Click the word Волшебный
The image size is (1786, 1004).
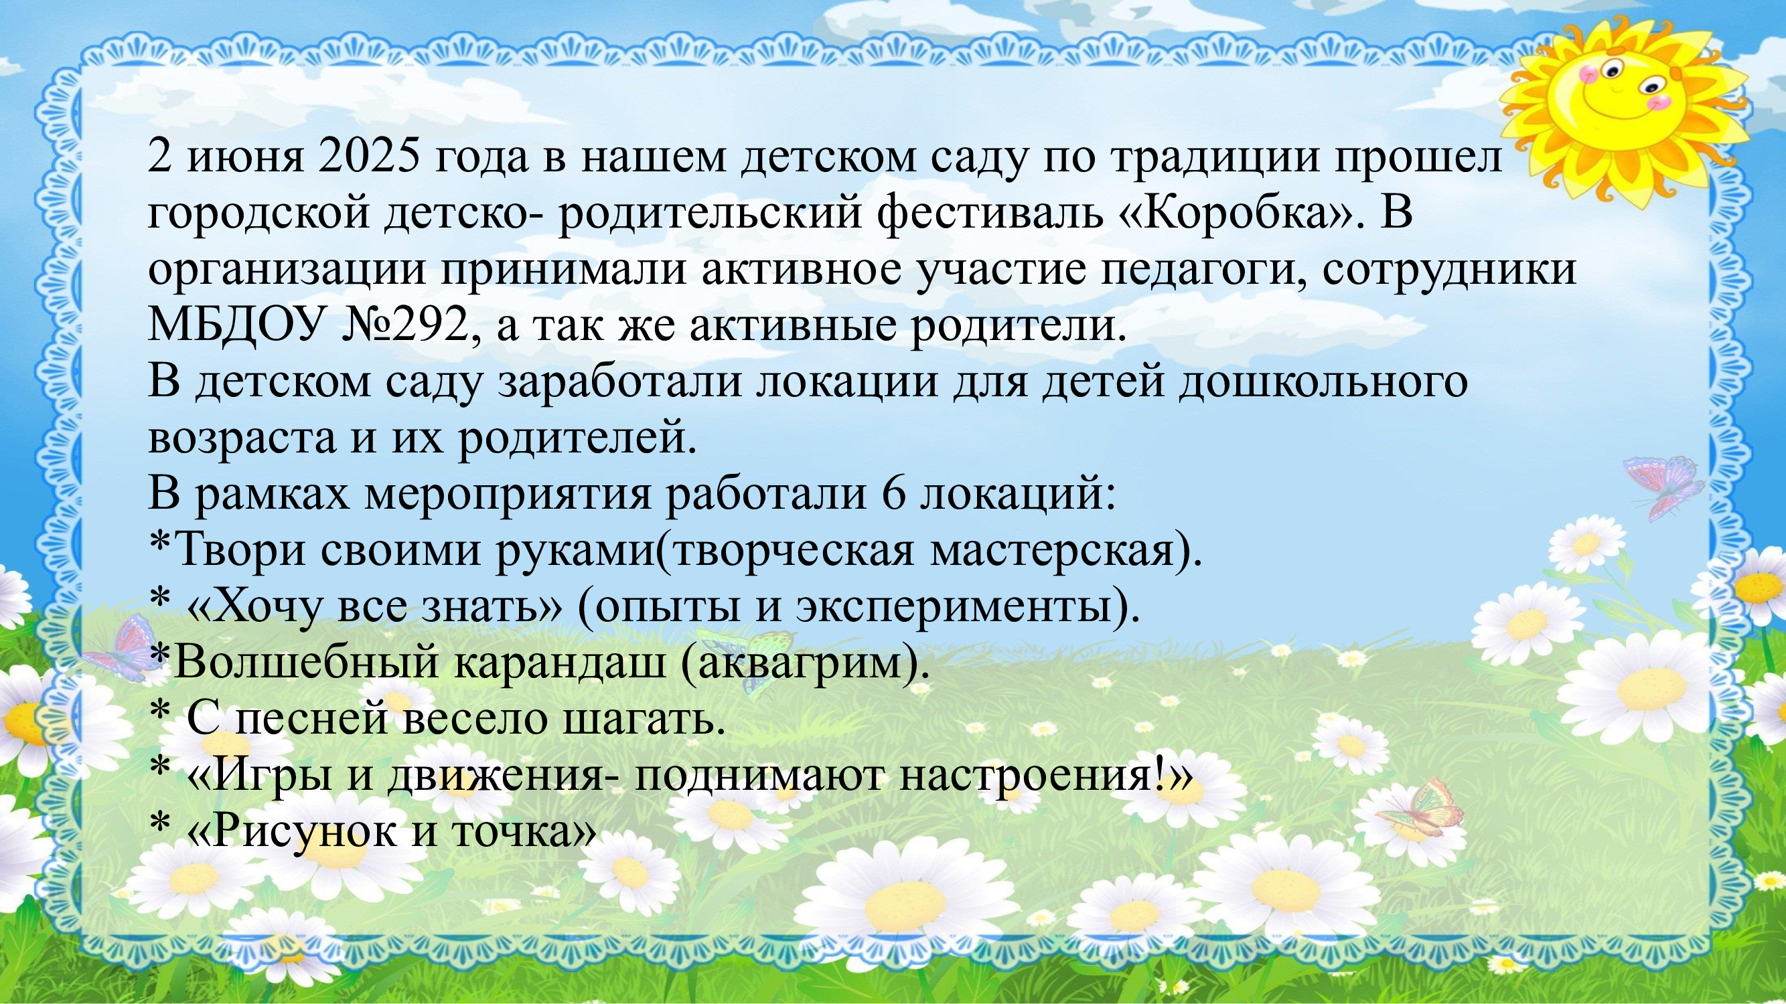click(x=307, y=663)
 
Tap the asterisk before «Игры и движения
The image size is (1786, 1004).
click(x=159, y=769)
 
